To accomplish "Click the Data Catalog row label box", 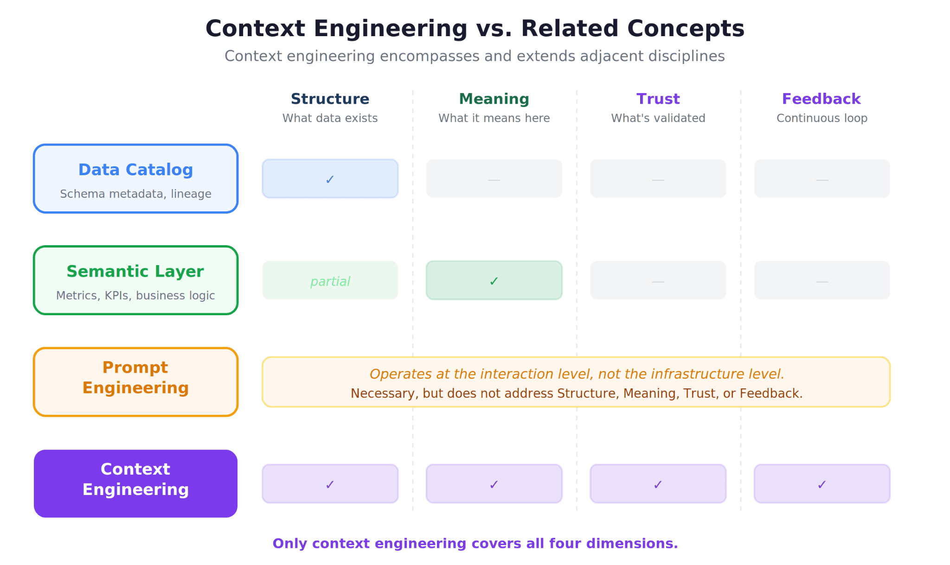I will click(135, 178).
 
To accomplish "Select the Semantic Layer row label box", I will click(135, 280).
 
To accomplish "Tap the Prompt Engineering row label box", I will click(135, 381).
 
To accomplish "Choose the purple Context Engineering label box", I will click(135, 483).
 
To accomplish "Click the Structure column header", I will click(330, 99).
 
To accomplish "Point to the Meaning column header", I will click(494, 99).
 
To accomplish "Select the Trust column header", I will click(658, 99).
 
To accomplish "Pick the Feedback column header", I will click(822, 99).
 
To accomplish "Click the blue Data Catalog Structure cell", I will click(330, 178).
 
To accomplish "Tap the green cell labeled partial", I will click(330, 280).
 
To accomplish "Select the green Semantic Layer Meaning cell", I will click(494, 280).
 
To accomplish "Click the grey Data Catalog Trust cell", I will click(658, 178).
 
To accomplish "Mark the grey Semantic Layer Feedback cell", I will click(822, 280).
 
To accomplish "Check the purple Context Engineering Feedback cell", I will click(822, 483).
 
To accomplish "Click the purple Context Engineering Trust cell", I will click(658, 483).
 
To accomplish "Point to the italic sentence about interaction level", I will click(576, 374).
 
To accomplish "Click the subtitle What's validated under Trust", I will click(658, 118).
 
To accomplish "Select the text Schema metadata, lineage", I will click(135, 194).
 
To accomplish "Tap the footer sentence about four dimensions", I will click(475, 543).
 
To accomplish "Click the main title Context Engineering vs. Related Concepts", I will click(475, 28).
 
